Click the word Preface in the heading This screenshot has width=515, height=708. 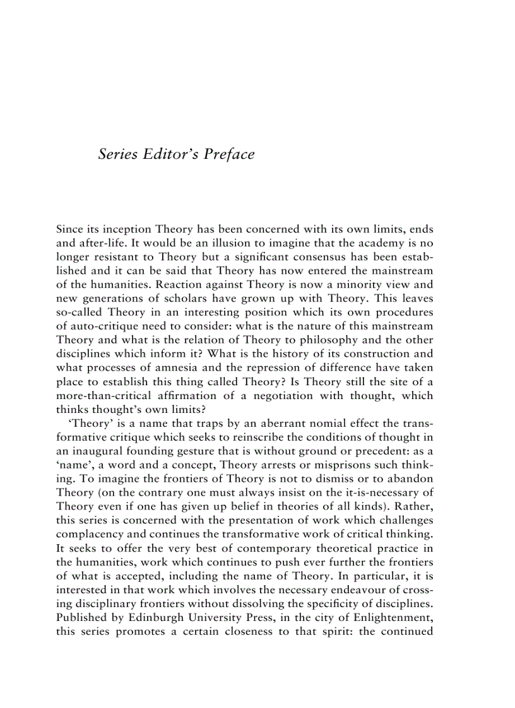(229, 154)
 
